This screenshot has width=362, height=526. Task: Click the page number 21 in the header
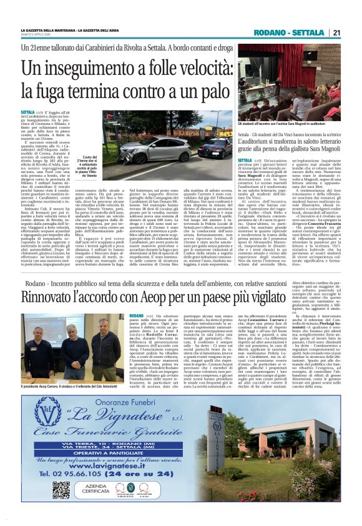tap(336, 32)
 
